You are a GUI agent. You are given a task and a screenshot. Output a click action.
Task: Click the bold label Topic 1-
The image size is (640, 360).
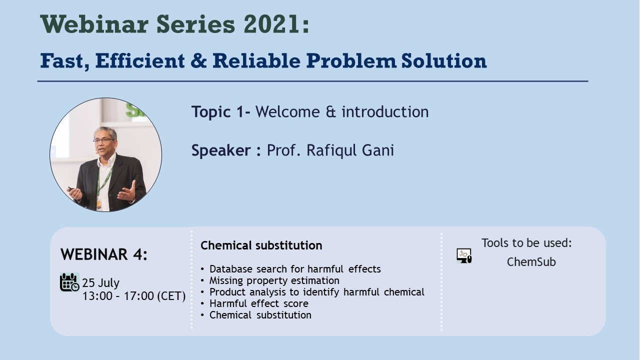tap(221, 111)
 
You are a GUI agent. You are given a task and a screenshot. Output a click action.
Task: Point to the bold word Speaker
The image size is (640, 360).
tap(221, 150)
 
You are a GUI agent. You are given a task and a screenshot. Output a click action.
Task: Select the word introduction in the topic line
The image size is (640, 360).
tap(385, 111)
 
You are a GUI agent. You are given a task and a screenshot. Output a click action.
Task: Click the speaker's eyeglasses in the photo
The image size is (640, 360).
tap(103, 140)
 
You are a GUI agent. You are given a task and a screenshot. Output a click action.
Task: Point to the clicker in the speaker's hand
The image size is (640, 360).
tap(71, 189)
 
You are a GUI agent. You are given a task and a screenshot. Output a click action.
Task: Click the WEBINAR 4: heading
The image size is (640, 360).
tap(104, 254)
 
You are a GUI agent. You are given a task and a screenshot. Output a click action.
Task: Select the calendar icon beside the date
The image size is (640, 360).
tap(69, 282)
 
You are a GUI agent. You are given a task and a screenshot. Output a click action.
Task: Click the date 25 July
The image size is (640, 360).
tap(101, 283)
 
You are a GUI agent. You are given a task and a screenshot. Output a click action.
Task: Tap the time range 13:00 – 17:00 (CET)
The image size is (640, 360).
tap(134, 296)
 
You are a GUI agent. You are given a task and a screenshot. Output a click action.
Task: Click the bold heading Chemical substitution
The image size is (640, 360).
tap(261, 245)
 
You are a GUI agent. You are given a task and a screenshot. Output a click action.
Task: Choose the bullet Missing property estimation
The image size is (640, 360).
tap(274, 280)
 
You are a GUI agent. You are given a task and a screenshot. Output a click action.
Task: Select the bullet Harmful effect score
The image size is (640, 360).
tap(259, 303)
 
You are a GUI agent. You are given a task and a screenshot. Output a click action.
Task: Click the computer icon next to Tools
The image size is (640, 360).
tap(464, 255)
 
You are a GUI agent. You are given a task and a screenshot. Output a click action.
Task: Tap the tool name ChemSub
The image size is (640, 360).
tap(531, 262)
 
